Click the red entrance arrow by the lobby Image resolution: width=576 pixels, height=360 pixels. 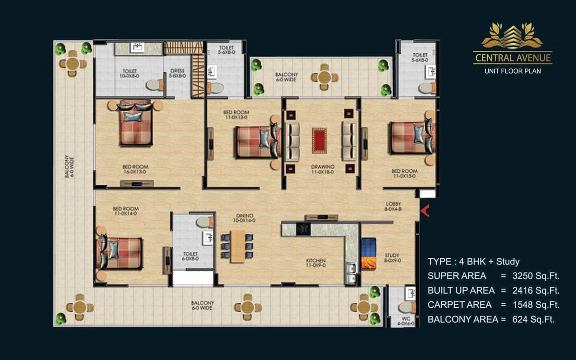click(425, 211)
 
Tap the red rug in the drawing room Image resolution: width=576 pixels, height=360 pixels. click(319, 141)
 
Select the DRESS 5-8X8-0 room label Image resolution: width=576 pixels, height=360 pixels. click(178, 73)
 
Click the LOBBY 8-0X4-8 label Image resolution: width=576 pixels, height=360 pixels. click(393, 206)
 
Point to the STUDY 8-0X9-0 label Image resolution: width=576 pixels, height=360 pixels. click(392, 258)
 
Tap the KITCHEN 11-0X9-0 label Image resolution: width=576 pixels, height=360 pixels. click(316, 263)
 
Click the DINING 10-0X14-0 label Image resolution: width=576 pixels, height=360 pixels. click(244, 218)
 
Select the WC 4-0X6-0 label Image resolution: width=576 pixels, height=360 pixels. click(406, 321)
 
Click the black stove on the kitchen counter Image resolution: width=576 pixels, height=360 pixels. click(303, 229)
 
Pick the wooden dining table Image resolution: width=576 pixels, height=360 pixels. click(238, 246)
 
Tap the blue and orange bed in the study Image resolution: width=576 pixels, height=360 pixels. click(369, 253)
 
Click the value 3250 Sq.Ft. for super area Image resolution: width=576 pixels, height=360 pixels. click(536, 276)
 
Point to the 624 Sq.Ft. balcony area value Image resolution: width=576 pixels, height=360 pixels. click(533, 319)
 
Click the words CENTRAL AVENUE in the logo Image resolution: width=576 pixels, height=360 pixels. click(513, 58)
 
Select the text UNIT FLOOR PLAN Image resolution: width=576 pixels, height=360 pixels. click(513, 71)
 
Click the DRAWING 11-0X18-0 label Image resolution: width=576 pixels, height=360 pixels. click(323, 169)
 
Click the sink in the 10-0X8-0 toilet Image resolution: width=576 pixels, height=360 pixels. click(137, 48)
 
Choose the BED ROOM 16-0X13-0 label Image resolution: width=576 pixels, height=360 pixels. click(135, 169)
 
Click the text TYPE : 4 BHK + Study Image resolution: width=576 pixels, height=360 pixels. click(474, 262)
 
